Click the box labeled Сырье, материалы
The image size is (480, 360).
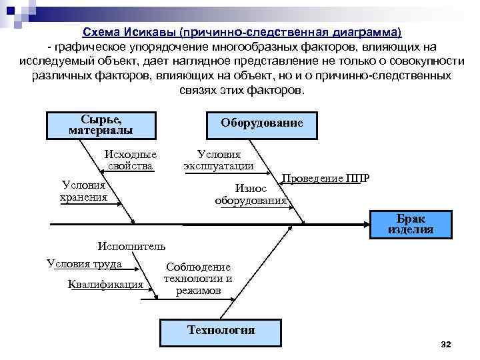101,124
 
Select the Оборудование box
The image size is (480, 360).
262,123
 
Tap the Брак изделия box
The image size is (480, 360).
410,225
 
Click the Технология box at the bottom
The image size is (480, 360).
221,330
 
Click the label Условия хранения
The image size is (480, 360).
83,191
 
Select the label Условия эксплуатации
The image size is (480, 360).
219,160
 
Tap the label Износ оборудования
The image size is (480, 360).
251,195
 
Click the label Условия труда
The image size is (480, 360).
85,263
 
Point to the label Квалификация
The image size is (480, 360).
106,285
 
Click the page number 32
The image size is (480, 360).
446,344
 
